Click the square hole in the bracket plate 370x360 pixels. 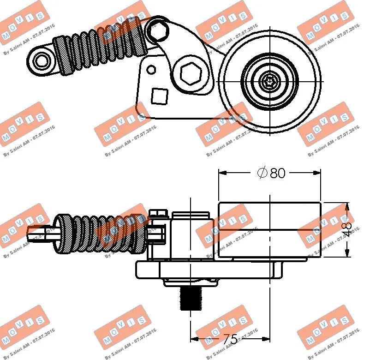[x=159, y=96]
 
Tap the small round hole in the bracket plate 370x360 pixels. [x=151, y=70]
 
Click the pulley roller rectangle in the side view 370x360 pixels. [x=269, y=229]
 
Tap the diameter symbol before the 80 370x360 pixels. [x=262, y=173]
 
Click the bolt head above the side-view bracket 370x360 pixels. [x=158, y=213]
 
